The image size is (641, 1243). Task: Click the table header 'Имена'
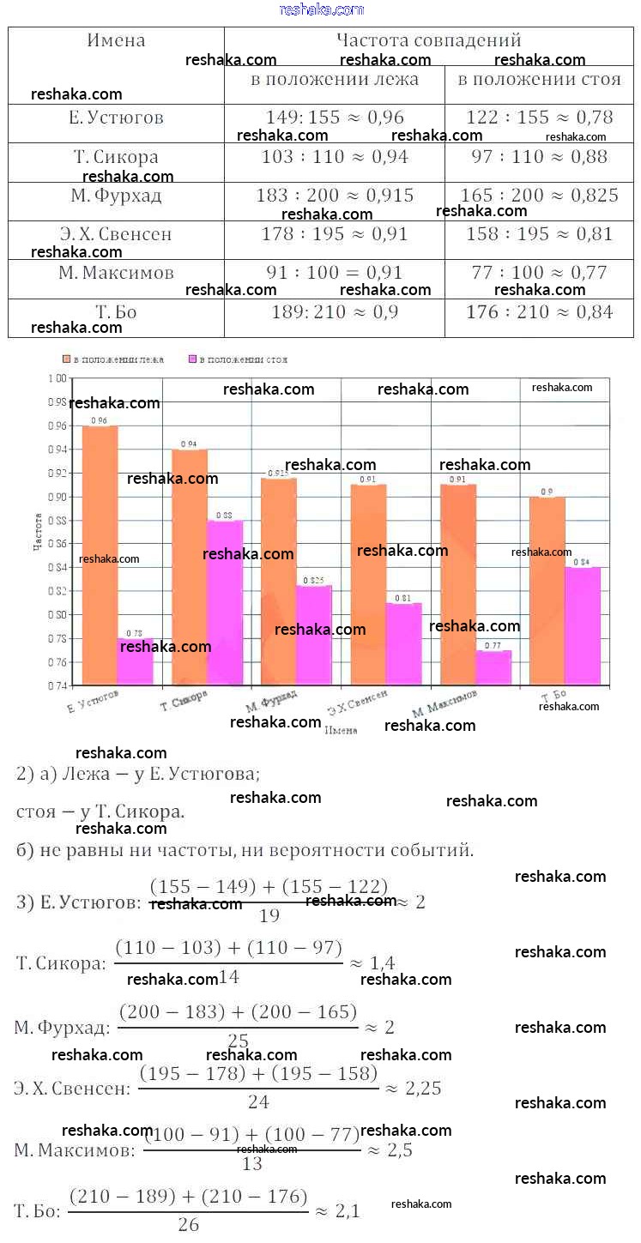(116, 40)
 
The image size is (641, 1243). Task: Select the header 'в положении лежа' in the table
(335, 80)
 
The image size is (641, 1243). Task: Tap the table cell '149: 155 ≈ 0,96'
(335, 118)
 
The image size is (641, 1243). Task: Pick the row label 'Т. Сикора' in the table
(116, 157)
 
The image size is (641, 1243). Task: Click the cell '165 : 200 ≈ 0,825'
(539, 196)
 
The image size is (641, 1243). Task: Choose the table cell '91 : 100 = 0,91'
(335, 273)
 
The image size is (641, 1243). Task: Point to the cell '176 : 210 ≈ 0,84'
(539, 312)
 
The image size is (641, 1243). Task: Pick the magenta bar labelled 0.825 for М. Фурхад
(314, 635)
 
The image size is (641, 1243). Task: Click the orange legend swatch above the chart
(66, 359)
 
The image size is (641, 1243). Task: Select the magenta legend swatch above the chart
(192, 359)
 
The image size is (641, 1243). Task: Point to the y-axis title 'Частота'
(39, 531)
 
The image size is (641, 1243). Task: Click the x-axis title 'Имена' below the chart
(342, 730)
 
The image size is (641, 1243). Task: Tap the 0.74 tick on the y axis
(57, 685)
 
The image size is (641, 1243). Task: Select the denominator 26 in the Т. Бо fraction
(189, 1225)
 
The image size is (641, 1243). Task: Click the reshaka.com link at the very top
(322, 9)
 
